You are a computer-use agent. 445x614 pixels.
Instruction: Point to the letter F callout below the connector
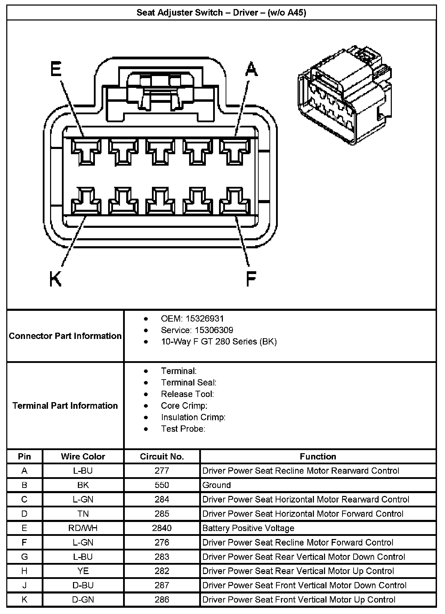pos(251,279)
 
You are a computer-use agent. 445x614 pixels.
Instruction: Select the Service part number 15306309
pos(214,330)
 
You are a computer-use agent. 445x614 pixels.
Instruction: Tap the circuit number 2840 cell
pos(162,528)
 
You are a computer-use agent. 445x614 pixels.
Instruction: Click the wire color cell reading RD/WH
pos(83,528)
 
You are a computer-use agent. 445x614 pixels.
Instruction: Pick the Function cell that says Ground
pos(217,485)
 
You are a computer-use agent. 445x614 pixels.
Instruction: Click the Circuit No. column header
pos(162,456)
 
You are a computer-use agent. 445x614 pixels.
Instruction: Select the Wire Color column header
pos(83,456)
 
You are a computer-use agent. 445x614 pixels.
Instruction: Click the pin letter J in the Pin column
pos(24,585)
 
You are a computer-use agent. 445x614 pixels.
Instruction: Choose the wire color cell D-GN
pos(83,599)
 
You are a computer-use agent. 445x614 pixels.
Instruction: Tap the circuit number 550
pos(162,485)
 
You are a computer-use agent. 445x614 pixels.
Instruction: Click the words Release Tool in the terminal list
pos(187,394)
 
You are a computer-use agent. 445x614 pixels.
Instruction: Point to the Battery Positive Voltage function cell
pos(248,528)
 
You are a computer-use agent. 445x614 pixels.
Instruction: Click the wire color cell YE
pos(83,571)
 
